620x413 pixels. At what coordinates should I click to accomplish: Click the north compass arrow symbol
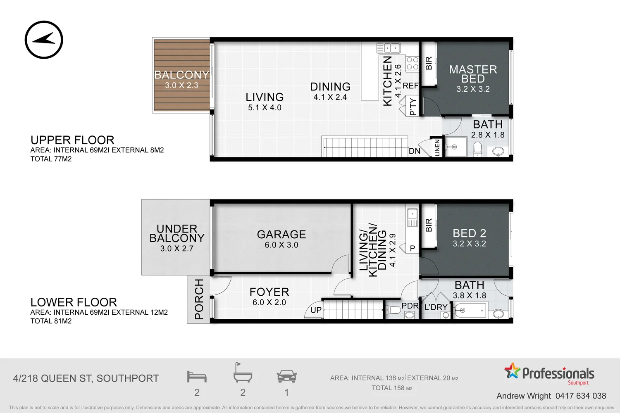[44, 40]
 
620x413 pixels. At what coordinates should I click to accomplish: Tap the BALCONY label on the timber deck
[181, 75]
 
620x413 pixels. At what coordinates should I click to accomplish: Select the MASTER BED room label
[473, 74]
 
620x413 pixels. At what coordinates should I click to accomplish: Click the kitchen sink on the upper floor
[389, 48]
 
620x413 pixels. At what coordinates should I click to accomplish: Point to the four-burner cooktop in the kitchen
[412, 63]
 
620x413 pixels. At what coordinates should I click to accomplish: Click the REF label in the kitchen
[410, 86]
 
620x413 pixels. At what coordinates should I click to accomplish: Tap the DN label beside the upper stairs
[414, 151]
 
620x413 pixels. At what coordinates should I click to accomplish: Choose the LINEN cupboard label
[437, 148]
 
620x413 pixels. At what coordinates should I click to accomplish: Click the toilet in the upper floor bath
[477, 150]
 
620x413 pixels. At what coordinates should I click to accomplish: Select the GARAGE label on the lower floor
[281, 234]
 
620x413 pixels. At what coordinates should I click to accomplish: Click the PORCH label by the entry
[199, 299]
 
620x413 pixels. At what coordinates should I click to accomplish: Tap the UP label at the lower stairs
[316, 310]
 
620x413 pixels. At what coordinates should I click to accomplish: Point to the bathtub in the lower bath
[470, 311]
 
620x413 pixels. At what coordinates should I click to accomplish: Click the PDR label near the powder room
[410, 306]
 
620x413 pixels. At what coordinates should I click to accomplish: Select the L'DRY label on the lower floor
[436, 307]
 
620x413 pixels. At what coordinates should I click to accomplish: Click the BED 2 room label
[469, 233]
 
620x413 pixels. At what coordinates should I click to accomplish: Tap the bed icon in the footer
[197, 377]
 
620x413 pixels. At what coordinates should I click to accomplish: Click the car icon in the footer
[286, 376]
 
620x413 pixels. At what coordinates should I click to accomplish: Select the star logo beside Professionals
[512, 370]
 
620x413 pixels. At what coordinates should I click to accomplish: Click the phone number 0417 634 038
[581, 396]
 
